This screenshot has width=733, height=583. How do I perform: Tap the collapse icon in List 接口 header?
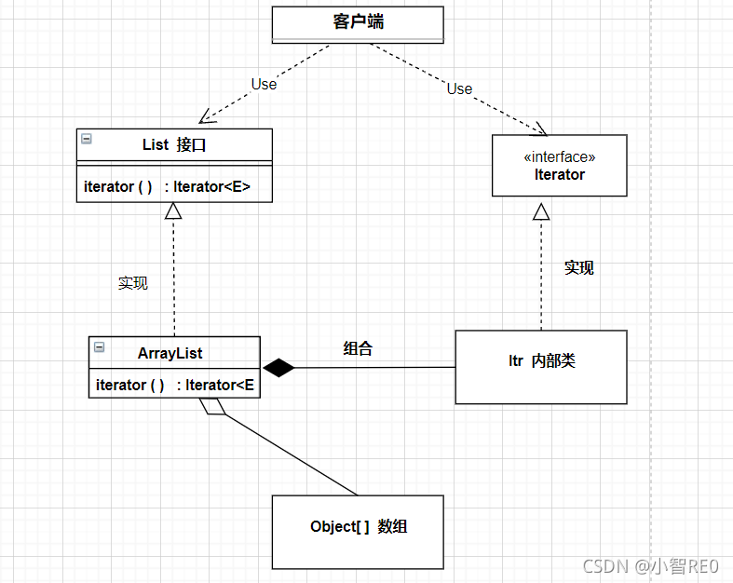[87, 139]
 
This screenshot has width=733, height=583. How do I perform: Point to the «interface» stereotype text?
[560, 156]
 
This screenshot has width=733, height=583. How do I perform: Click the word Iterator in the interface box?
[560, 174]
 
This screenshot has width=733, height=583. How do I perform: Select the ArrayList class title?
[170, 353]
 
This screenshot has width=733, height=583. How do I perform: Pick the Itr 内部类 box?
[541, 366]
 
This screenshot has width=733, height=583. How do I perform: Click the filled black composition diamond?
[278, 368]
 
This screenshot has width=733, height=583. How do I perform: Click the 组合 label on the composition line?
[358, 349]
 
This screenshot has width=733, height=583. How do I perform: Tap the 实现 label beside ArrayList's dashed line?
[132, 282]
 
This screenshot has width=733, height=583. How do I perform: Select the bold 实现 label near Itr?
[578, 267]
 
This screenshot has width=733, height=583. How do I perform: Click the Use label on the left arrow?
[264, 84]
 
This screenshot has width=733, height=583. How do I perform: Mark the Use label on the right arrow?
[459, 88]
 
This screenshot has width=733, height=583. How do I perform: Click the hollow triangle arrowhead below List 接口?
[173, 210]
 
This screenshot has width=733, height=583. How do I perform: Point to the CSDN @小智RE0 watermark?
[651, 565]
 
